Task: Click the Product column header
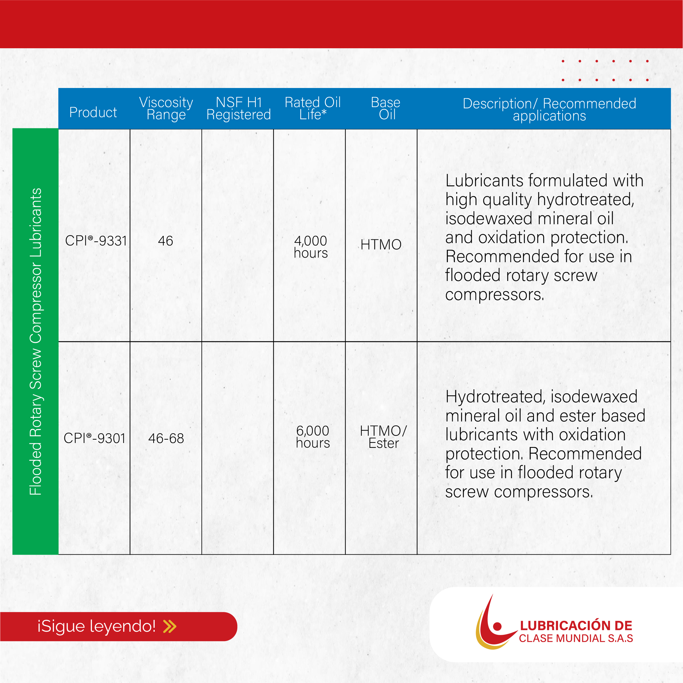93,113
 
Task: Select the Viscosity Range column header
166,109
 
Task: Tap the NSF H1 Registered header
238,109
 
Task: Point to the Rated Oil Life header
313,109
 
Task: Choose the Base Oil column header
386,109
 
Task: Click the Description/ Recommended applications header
549,110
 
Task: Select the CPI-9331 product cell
96,241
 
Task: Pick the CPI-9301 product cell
94,438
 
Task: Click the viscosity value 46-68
166,438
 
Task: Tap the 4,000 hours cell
311,247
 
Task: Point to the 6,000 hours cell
313,437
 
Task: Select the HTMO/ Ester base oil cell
384,437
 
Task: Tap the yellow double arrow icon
170,627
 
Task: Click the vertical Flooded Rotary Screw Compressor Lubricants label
36,342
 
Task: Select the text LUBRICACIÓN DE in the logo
576,626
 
